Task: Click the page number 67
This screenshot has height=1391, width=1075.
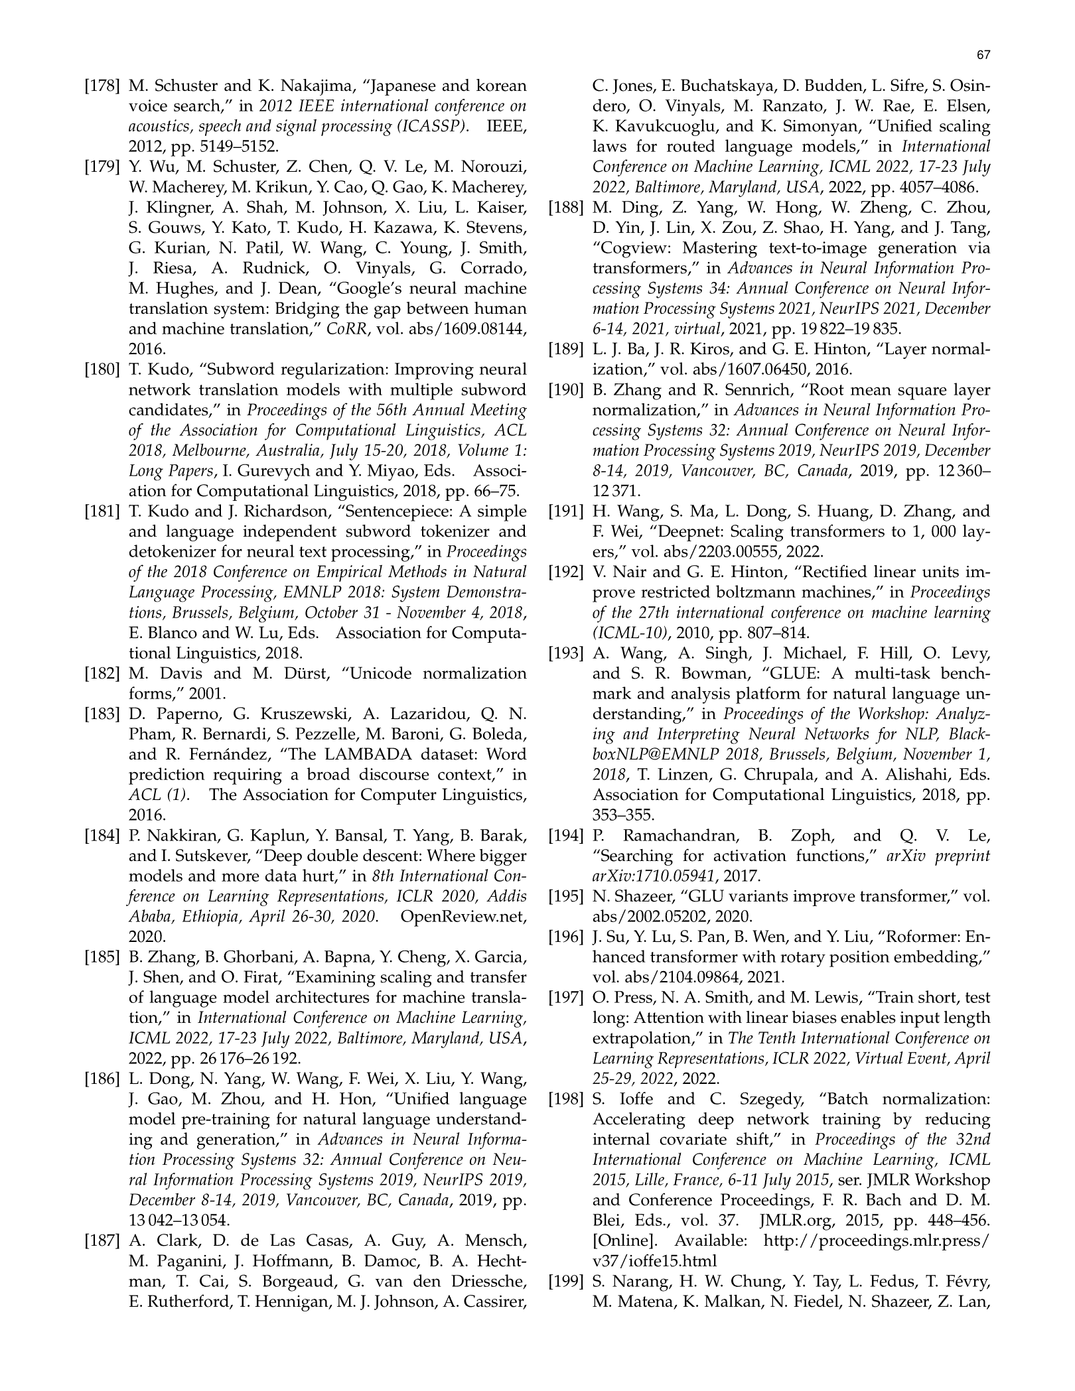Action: pos(983,55)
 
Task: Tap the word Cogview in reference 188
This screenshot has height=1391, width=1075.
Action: pos(633,249)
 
